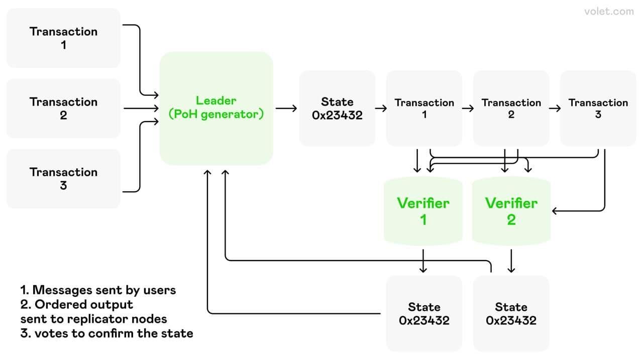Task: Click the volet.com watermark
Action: click(609, 12)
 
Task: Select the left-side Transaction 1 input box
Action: click(63, 38)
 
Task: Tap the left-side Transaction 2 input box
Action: click(63, 108)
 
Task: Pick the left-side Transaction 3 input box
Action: click(63, 179)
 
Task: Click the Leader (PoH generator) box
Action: click(216, 108)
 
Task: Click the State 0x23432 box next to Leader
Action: click(337, 108)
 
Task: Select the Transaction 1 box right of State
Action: click(424, 108)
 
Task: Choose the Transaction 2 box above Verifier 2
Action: click(511, 108)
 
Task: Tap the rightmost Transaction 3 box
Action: click(598, 108)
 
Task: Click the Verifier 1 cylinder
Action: click(423, 211)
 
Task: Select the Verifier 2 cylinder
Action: click(511, 211)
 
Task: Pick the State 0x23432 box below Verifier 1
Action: click(424, 314)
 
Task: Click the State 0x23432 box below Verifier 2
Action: click(511, 314)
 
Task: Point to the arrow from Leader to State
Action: click(286, 108)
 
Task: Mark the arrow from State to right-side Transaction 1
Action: click(381, 108)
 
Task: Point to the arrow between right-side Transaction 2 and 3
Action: click(555, 108)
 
